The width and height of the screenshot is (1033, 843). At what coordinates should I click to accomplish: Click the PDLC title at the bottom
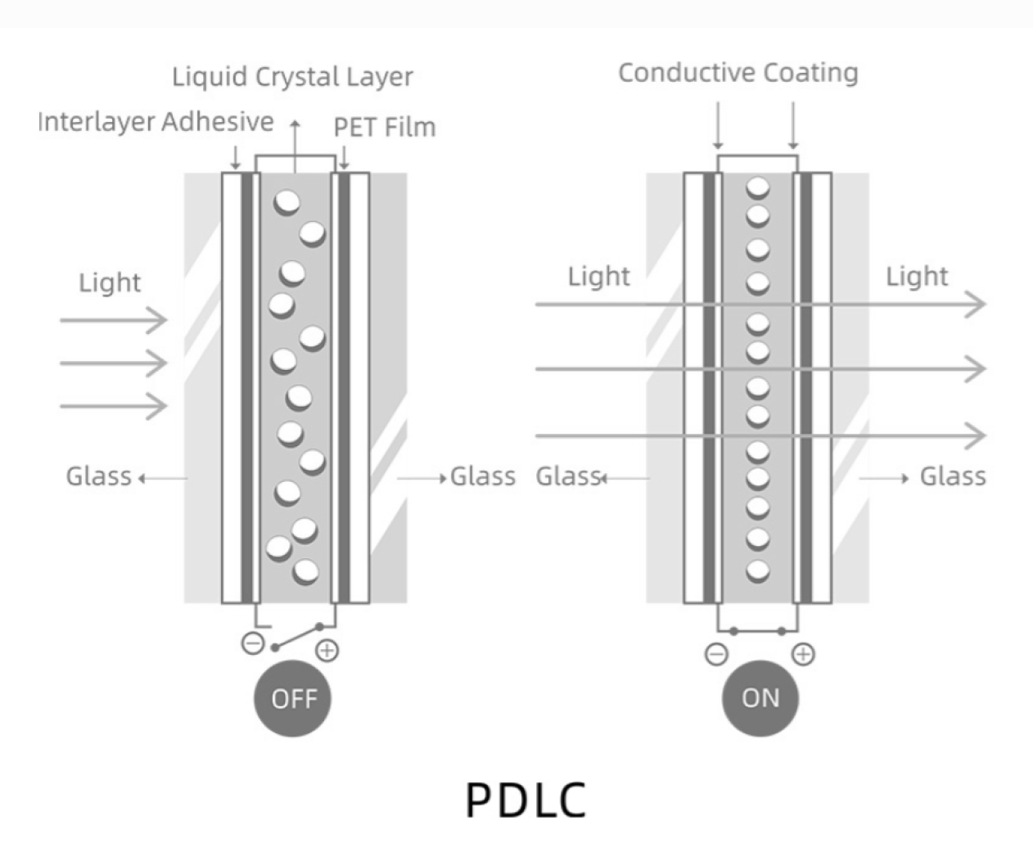pos(526,800)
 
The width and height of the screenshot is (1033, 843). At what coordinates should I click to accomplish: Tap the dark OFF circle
pos(293,698)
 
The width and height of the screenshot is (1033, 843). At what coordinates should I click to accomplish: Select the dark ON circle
pos(760,698)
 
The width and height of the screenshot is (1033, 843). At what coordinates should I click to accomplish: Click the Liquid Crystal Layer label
pos(292,77)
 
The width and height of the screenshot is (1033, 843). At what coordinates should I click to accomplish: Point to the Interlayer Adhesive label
pos(156,122)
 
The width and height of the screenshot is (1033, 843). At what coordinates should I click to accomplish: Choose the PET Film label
pos(384,128)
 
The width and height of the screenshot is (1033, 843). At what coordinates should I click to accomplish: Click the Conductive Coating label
pos(738,73)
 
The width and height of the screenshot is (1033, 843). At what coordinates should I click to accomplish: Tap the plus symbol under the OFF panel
pos(327,651)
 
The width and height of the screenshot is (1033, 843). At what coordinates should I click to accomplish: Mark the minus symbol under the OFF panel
pos(253,643)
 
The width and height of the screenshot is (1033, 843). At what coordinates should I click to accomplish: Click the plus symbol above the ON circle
pos(804,654)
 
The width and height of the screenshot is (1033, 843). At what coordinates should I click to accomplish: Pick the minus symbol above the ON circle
pos(716,654)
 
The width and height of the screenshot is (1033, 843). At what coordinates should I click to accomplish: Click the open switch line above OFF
pos(296,637)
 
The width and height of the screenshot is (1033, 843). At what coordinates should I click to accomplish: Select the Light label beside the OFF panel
pos(110,282)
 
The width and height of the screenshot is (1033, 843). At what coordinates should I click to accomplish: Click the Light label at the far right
pos(917,277)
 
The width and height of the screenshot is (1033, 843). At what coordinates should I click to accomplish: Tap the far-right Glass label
pos(952,476)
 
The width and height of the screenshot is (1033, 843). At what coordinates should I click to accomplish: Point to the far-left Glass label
pos(98,476)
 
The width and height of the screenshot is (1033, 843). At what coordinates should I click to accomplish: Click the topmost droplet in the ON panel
pos(758,188)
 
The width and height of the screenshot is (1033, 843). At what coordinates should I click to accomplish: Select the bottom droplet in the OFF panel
pos(305,570)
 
